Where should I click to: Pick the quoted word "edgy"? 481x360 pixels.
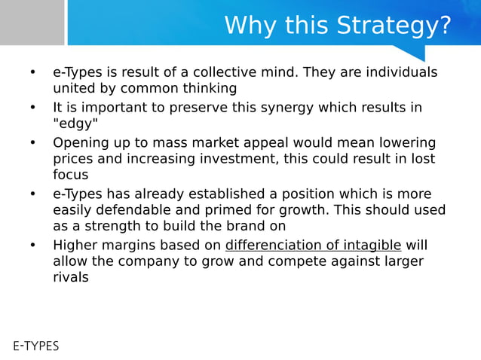(x=75, y=124)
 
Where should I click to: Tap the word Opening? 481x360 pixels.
(x=78, y=143)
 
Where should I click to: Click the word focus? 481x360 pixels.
(x=70, y=175)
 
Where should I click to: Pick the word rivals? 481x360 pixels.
(x=70, y=277)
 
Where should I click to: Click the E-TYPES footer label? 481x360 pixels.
(x=35, y=346)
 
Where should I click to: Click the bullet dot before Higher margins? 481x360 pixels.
(x=32, y=245)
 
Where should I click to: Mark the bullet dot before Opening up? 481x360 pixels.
(x=32, y=143)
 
